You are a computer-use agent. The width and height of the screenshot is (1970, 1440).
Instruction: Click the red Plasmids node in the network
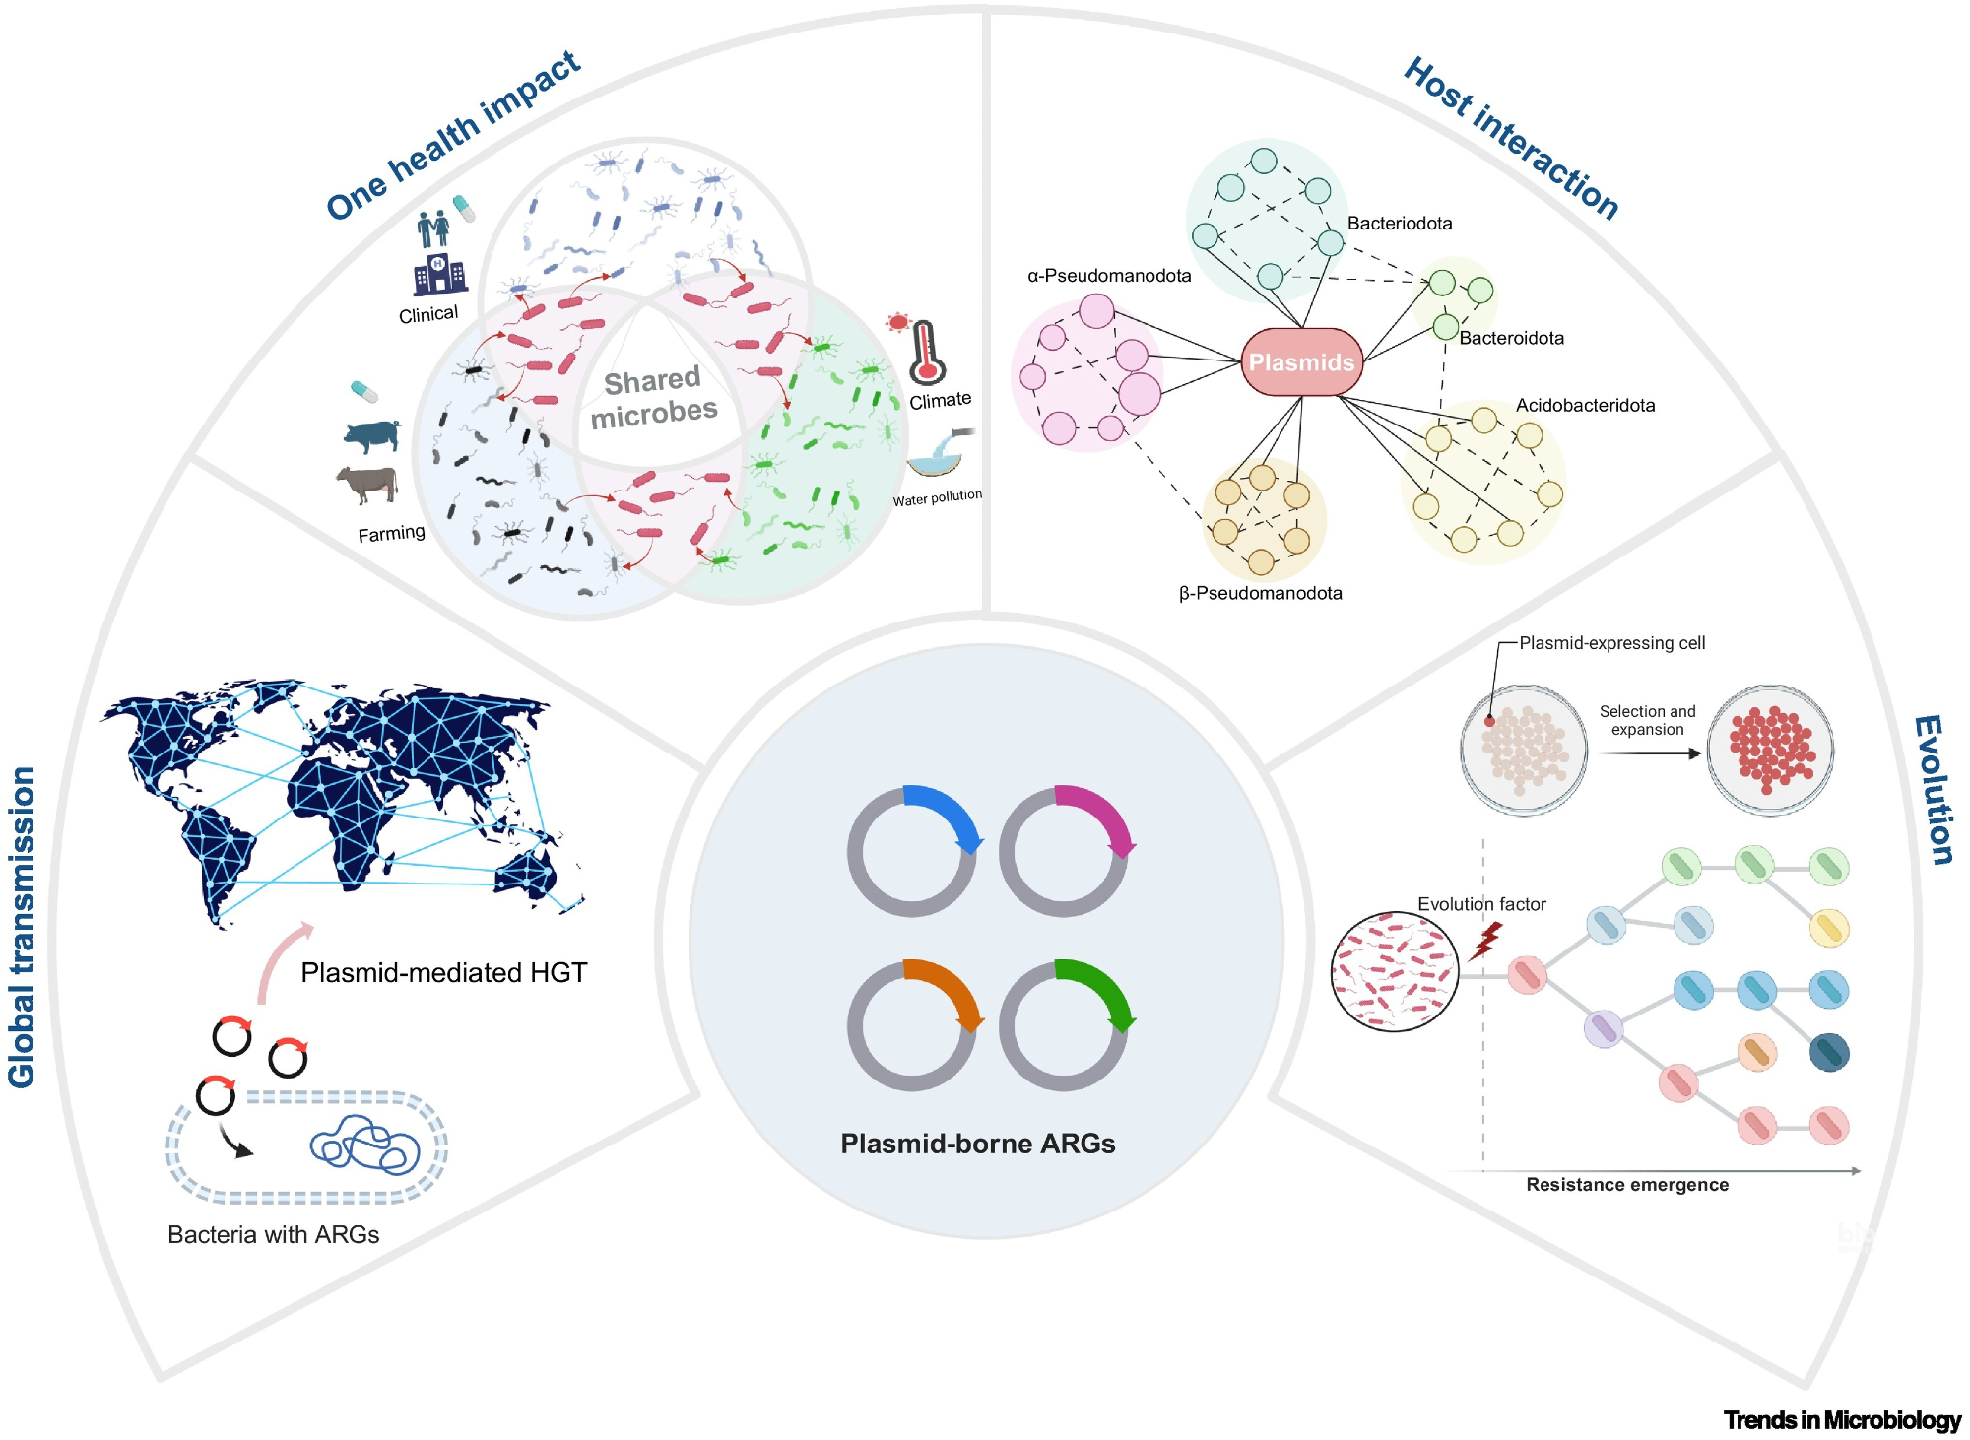coord(1301,362)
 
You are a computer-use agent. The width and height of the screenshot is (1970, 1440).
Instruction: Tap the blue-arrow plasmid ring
coord(912,851)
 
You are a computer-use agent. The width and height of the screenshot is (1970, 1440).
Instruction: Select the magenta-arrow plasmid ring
coord(1064,851)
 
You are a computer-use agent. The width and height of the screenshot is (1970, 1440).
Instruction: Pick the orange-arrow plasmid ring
coord(912,1025)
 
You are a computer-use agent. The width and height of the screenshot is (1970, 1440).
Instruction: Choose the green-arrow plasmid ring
coord(1064,1025)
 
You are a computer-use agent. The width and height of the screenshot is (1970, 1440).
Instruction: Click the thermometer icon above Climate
coord(925,353)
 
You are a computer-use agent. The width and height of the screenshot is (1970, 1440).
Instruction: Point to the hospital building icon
coord(439,275)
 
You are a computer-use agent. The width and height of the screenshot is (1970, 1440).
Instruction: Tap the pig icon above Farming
coord(373,434)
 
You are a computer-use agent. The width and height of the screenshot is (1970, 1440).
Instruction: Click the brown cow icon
coord(367,484)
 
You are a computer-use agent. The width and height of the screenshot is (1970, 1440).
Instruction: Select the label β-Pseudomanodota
coord(1260,593)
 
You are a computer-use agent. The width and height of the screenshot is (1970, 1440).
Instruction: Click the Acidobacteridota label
coord(1585,405)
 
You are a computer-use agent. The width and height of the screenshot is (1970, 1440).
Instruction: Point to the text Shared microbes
coord(653,397)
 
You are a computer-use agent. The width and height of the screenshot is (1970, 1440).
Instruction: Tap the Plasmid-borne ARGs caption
coord(977,1144)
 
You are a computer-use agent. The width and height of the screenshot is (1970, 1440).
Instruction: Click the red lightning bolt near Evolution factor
coord(1485,941)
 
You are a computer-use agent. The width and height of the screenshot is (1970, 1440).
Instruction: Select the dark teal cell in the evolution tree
coord(1829,1053)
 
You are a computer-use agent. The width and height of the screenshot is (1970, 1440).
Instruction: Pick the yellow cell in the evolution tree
coord(1829,928)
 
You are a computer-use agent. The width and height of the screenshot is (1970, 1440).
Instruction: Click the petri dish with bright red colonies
coord(1770,750)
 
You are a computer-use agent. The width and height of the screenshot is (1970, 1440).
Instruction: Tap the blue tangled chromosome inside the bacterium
coord(364,1145)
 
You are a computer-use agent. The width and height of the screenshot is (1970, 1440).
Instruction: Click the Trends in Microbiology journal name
coord(1842,1420)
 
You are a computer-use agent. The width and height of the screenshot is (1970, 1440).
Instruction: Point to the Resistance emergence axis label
coord(1627,1185)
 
